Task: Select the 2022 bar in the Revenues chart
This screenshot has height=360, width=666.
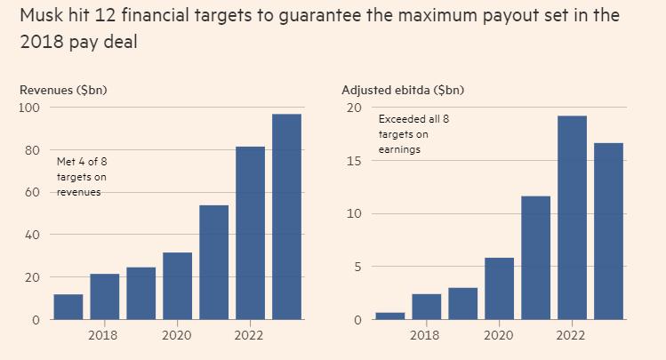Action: (x=250, y=232)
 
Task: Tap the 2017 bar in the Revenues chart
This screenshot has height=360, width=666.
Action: (x=68, y=307)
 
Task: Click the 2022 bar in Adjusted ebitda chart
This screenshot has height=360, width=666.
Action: (x=572, y=217)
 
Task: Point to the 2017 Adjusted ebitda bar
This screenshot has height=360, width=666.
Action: (x=389, y=316)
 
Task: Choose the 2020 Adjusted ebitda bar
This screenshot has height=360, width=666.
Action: (x=499, y=288)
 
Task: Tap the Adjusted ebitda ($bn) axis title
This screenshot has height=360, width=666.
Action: (x=403, y=90)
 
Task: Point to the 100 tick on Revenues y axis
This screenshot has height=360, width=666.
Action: (x=29, y=108)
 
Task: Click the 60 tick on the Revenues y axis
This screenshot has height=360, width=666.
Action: (x=33, y=192)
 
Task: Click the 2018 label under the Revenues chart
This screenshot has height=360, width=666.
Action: (x=104, y=335)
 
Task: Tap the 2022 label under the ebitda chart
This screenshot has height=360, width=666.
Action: (x=571, y=335)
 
